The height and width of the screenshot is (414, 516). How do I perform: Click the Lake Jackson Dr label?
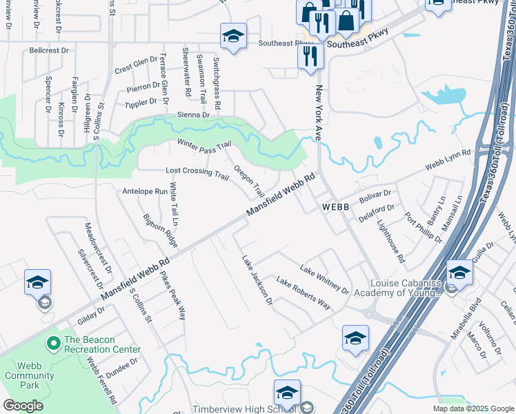257,280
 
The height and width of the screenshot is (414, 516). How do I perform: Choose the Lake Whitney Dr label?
324,278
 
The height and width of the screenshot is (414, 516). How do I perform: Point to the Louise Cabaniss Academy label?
405,288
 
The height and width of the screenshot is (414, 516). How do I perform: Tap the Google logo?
23,406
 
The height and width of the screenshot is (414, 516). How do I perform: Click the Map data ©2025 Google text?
473,408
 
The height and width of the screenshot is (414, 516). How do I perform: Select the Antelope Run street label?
145,191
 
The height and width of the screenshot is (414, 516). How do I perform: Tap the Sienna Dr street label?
192,115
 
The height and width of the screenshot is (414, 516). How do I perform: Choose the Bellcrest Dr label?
50,51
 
